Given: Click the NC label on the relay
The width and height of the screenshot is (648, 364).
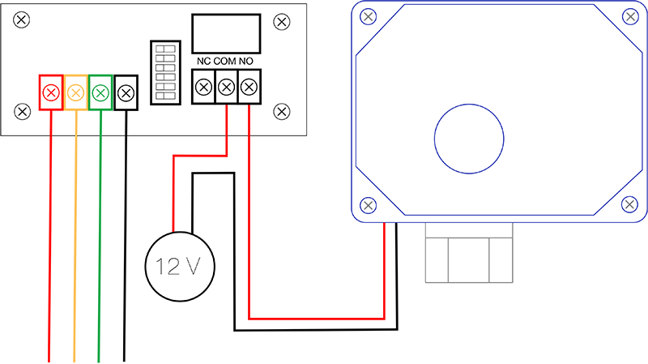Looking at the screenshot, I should point(203,62).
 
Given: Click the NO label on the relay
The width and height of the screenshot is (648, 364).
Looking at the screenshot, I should point(248,62).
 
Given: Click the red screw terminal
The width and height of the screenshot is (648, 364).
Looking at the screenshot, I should point(51,92).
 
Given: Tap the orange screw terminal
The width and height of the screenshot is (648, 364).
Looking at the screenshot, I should point(75,92).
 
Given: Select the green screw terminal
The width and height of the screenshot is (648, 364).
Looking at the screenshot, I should point(100,92).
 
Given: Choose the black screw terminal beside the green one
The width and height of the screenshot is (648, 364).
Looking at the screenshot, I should point(126,92).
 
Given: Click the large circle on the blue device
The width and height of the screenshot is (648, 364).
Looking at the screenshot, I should point(470,139).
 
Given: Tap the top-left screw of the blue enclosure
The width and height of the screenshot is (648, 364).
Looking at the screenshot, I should point(369,15).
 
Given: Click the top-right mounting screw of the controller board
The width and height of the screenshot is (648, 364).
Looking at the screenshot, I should point(282,21).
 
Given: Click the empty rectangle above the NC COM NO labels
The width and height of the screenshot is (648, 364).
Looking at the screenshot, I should point(226,34).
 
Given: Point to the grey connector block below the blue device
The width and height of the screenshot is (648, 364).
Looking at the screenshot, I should point(470,252).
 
